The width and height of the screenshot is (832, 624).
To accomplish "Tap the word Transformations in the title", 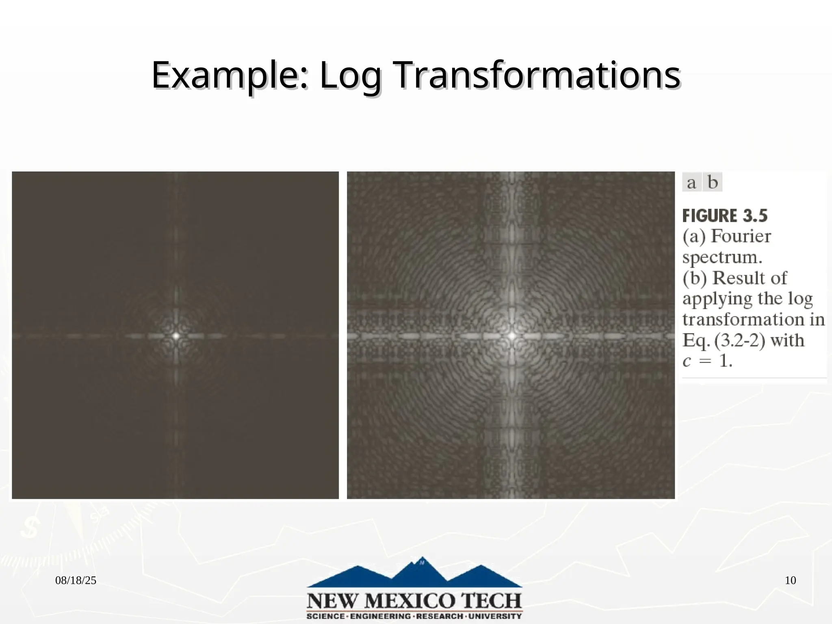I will click(537, 76).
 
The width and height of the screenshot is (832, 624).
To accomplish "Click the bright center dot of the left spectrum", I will click(176, 336).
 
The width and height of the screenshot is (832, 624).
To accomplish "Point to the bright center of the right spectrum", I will click(512, 336).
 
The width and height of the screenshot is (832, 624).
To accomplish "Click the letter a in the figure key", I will click(691, 182).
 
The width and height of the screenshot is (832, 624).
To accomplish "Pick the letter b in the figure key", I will click(713, 182).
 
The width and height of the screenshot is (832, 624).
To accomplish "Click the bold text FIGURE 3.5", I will click(725, 216).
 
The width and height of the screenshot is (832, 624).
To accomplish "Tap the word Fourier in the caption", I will click(741, 236).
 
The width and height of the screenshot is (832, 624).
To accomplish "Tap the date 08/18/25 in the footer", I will click(76, 581).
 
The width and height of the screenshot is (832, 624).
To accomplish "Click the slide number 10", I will click(790, 581).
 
